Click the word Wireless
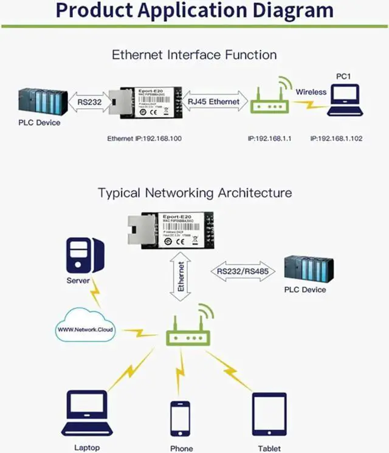point(311,92)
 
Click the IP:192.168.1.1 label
point(270,138)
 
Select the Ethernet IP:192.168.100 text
point(145,138)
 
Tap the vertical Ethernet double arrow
point(180,278)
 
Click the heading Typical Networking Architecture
point(194,193)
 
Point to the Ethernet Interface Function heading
point(194,55)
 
